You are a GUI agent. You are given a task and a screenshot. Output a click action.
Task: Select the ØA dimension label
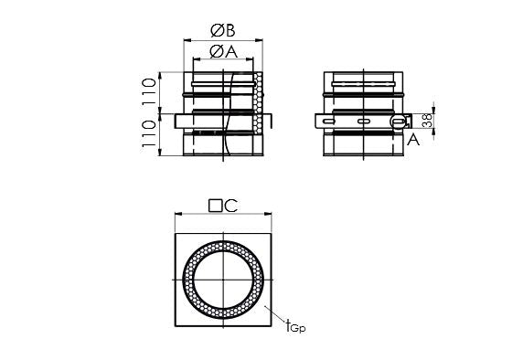[223, 52]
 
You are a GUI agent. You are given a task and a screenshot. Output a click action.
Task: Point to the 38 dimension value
[427, 122]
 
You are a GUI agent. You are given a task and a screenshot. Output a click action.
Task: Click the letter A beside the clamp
[413, 139]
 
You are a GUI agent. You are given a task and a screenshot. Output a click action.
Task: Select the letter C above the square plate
[230, 206]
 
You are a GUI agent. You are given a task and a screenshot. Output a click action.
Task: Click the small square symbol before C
[215, 206]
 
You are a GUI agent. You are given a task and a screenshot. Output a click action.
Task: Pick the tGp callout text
[294, 323]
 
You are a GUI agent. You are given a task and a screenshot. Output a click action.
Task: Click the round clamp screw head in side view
[397, 122]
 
